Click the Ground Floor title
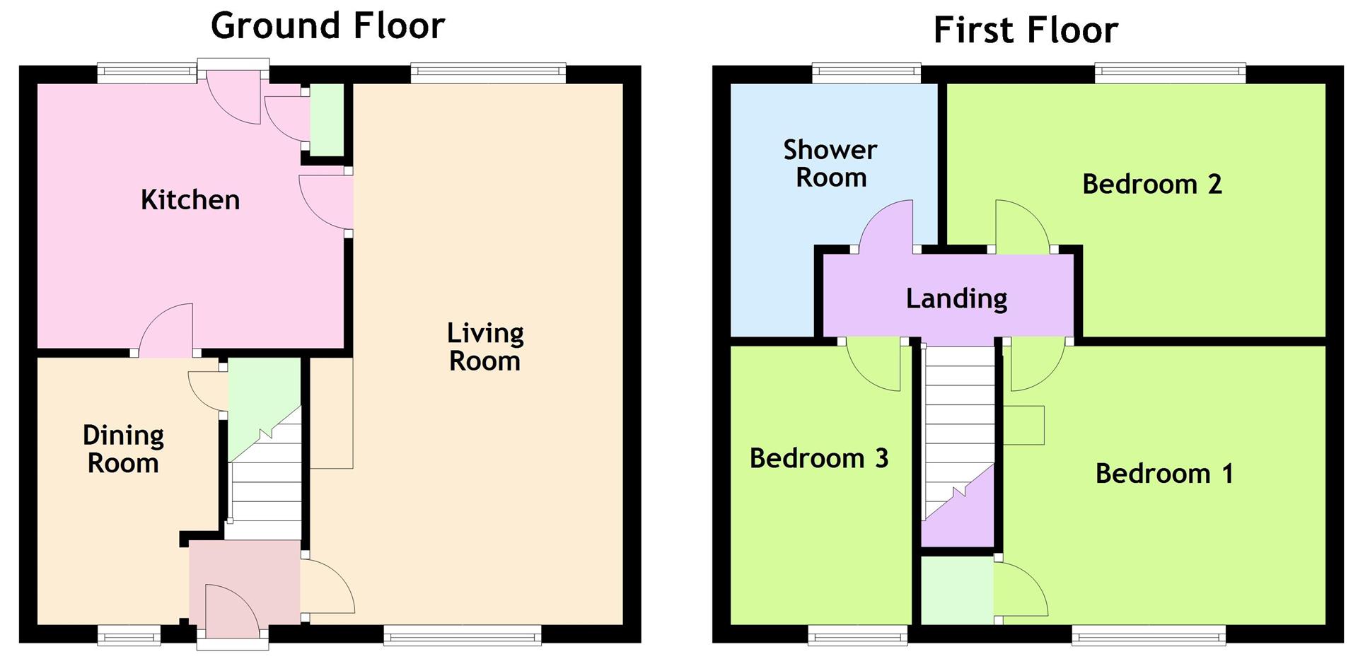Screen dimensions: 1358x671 tap(327, 25)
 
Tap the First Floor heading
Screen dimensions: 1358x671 tap(1026, 30)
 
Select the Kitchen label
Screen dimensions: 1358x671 tap(190, 200)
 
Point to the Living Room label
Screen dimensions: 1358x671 tap(485, 347)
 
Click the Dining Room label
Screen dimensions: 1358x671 tap(123, 449)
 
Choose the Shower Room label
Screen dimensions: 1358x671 tap(830, 163)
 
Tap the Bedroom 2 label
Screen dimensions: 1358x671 tap(1152, 184)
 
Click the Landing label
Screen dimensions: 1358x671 tap(956, 298)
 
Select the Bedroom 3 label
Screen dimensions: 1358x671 tap(819, 458)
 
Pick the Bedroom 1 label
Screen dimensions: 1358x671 tap(1165, 473)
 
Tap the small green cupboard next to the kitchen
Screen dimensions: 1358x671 tap(327, 120)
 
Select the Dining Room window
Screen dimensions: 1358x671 tap(129, 636)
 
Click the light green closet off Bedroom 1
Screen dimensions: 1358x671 tap(957, 591)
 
